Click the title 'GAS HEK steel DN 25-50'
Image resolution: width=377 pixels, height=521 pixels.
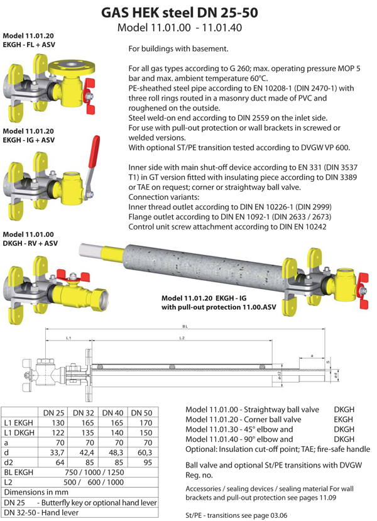point(188,13)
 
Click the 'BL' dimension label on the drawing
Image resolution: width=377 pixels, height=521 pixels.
point(185,326)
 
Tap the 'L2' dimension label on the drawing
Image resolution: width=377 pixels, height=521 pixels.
point(182,339)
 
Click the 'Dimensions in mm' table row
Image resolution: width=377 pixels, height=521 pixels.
point(38,493)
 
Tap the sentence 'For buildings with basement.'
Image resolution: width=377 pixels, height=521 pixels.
point(178,48)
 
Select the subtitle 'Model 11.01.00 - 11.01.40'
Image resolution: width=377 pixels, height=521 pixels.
point(180,28)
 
